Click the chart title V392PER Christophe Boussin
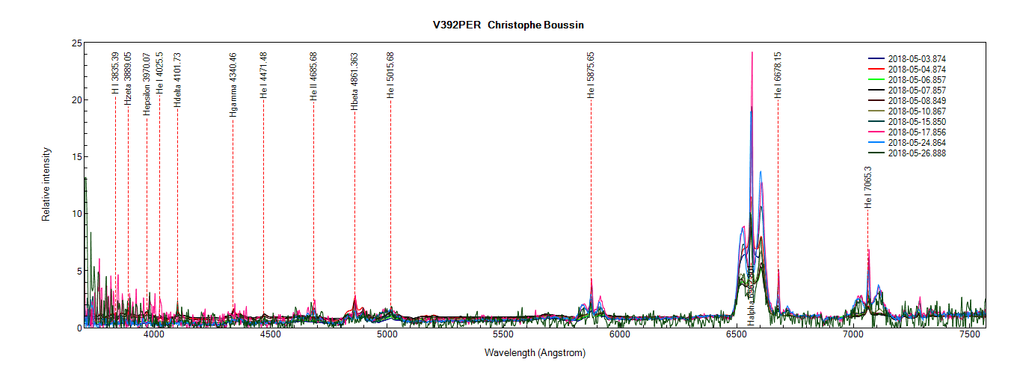[508, 25]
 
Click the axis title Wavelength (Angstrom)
[535, 352]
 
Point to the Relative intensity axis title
[46, 186]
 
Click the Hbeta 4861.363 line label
[354, 82]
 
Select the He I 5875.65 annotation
[591, 76]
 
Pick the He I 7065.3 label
[868, 187]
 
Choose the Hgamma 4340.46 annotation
[233, 85]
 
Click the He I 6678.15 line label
[778, 75]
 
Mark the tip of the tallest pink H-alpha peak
[752, 52]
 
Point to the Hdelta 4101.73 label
[177, 80]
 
